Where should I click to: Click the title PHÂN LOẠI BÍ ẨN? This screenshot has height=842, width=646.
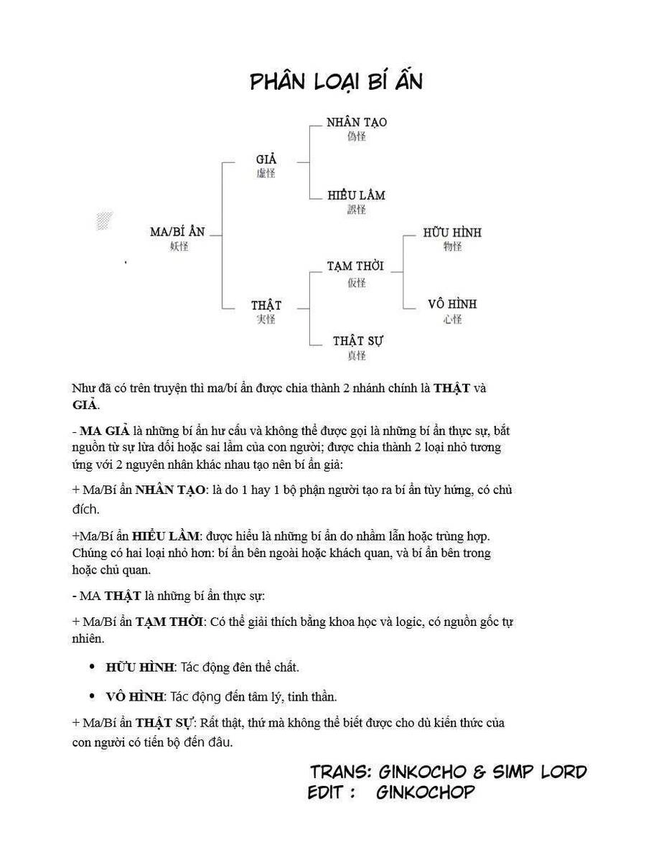[336, 82]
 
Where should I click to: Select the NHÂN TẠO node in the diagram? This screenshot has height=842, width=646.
[356, 123]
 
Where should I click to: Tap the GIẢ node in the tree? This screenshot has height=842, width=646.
[266, 159]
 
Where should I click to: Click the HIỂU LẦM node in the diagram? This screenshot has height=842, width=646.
[356, 195]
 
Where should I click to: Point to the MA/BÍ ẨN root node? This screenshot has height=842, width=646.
[177, 232]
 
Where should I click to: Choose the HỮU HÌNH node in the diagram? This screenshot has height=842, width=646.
[452, 233]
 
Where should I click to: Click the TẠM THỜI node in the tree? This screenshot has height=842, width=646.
[355, 266]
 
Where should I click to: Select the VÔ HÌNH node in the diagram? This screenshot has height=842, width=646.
[452, 304]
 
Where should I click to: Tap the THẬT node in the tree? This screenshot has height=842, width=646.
[266, 306]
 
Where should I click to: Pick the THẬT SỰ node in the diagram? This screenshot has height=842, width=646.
[357, 341]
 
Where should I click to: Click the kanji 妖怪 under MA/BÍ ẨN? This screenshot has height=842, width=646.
[178, 246]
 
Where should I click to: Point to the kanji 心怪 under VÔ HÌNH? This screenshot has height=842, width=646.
[452, 319]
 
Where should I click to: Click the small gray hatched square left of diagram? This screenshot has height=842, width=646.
[104, 220]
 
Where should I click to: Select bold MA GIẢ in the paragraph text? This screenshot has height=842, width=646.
[105, 431]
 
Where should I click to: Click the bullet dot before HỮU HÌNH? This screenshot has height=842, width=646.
[92, 667]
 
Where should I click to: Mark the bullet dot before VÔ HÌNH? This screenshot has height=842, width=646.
[92, 696]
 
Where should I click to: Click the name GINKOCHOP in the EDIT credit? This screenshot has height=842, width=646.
[425, 792]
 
